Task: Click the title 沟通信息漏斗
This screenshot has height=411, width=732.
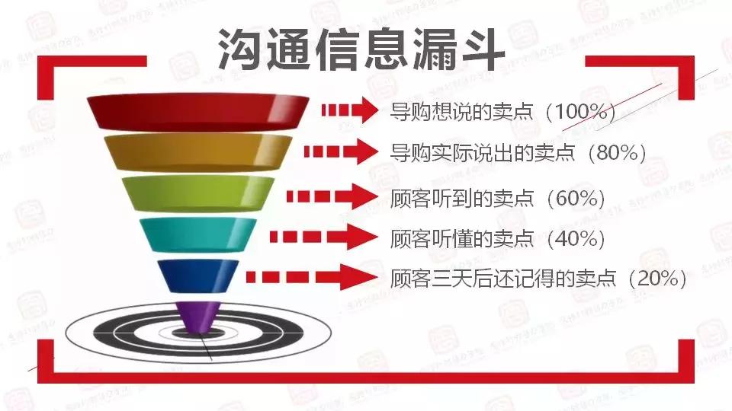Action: pos(361,51)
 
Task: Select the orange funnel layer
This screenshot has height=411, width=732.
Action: pos(197,152)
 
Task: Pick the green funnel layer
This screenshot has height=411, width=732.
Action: pos(197,193)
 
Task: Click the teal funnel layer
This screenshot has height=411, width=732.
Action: pos(197,234)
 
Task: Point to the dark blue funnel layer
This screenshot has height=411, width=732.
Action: pos(197,274)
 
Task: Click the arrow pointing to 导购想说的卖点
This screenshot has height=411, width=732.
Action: pos(348,110)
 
